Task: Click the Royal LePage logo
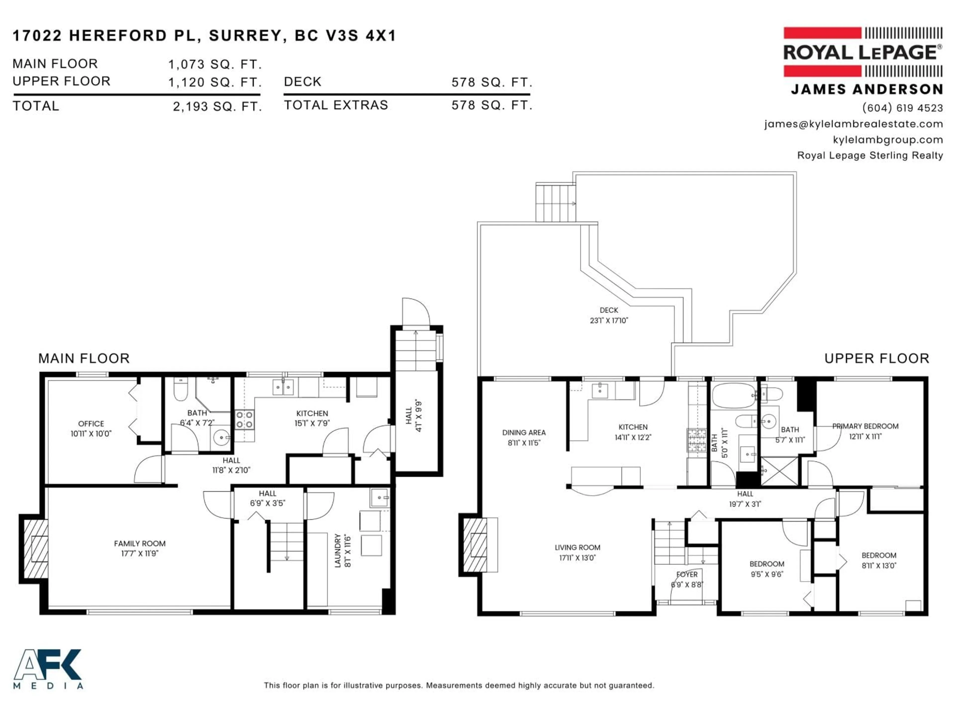click(x=862, y=52)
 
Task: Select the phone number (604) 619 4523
click(x=902, y=108)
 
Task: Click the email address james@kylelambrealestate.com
click(x=854, y=124)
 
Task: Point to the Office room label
click(x=91, y=424)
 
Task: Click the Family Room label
click(x=140, y=544)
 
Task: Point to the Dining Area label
click(x=524, y=432)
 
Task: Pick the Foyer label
click(x=686, y=575)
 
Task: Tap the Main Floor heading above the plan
click(x=84, y=358)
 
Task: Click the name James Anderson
click(x=867, y=89)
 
